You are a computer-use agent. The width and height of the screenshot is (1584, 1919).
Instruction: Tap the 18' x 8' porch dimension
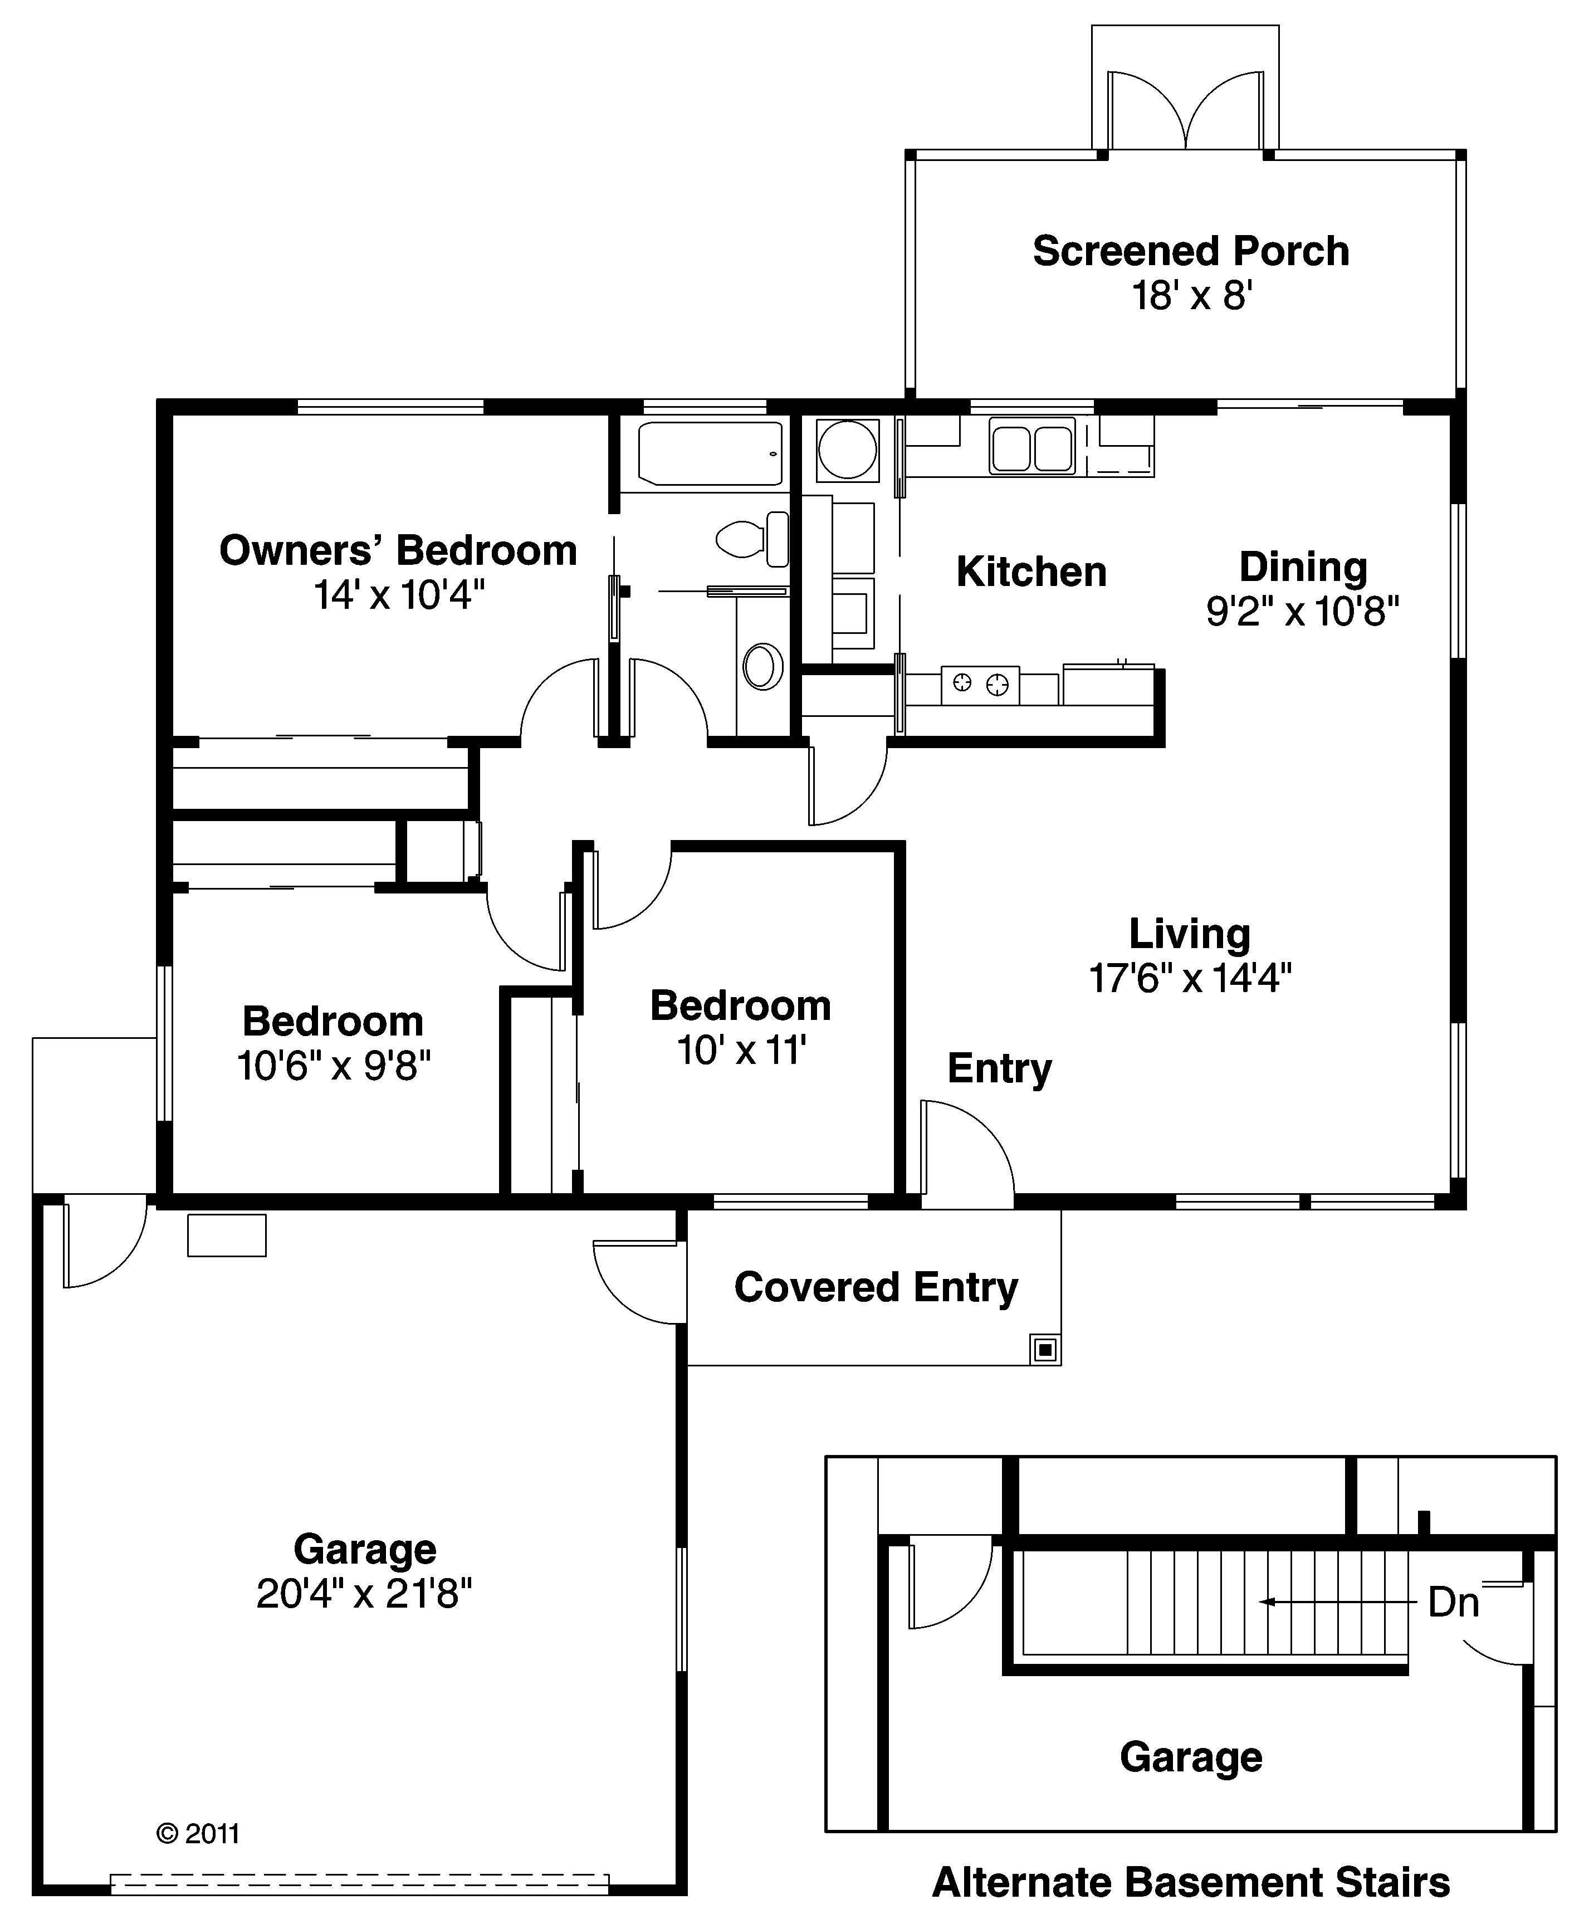click(x=1192, y=296)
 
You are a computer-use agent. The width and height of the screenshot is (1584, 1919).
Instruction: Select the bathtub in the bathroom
click(x=710, y=453)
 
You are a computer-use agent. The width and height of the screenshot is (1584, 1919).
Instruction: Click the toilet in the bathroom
click(x=753, y=539)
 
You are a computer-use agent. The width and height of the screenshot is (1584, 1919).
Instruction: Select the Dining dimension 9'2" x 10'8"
click(x=1302, y=612)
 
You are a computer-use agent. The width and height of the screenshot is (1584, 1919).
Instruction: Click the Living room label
click(x=1190, y=934)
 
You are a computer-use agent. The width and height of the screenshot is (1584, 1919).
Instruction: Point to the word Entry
click(x=1000, y=1068)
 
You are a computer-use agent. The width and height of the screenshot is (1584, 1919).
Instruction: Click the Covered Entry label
click(x=876, y=1287)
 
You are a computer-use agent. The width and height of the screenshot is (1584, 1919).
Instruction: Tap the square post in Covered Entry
click(x=1045, y=1349)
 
